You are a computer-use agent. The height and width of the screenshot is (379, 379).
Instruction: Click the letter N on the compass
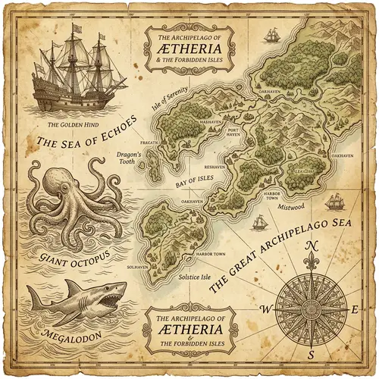[311, 246]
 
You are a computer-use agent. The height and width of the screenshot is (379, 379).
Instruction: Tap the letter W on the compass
[266, 309]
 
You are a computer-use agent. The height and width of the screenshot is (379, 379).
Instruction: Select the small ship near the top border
[270, 35]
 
